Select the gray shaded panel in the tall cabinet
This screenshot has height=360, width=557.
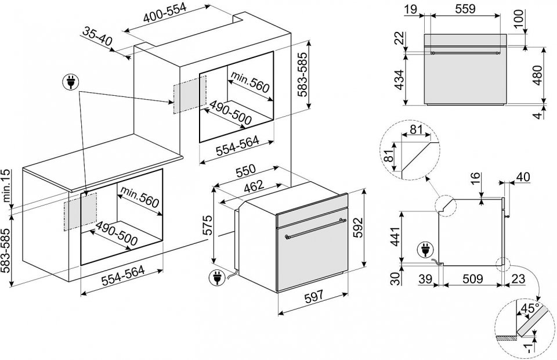pyautogui.click(x=189, y=92)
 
